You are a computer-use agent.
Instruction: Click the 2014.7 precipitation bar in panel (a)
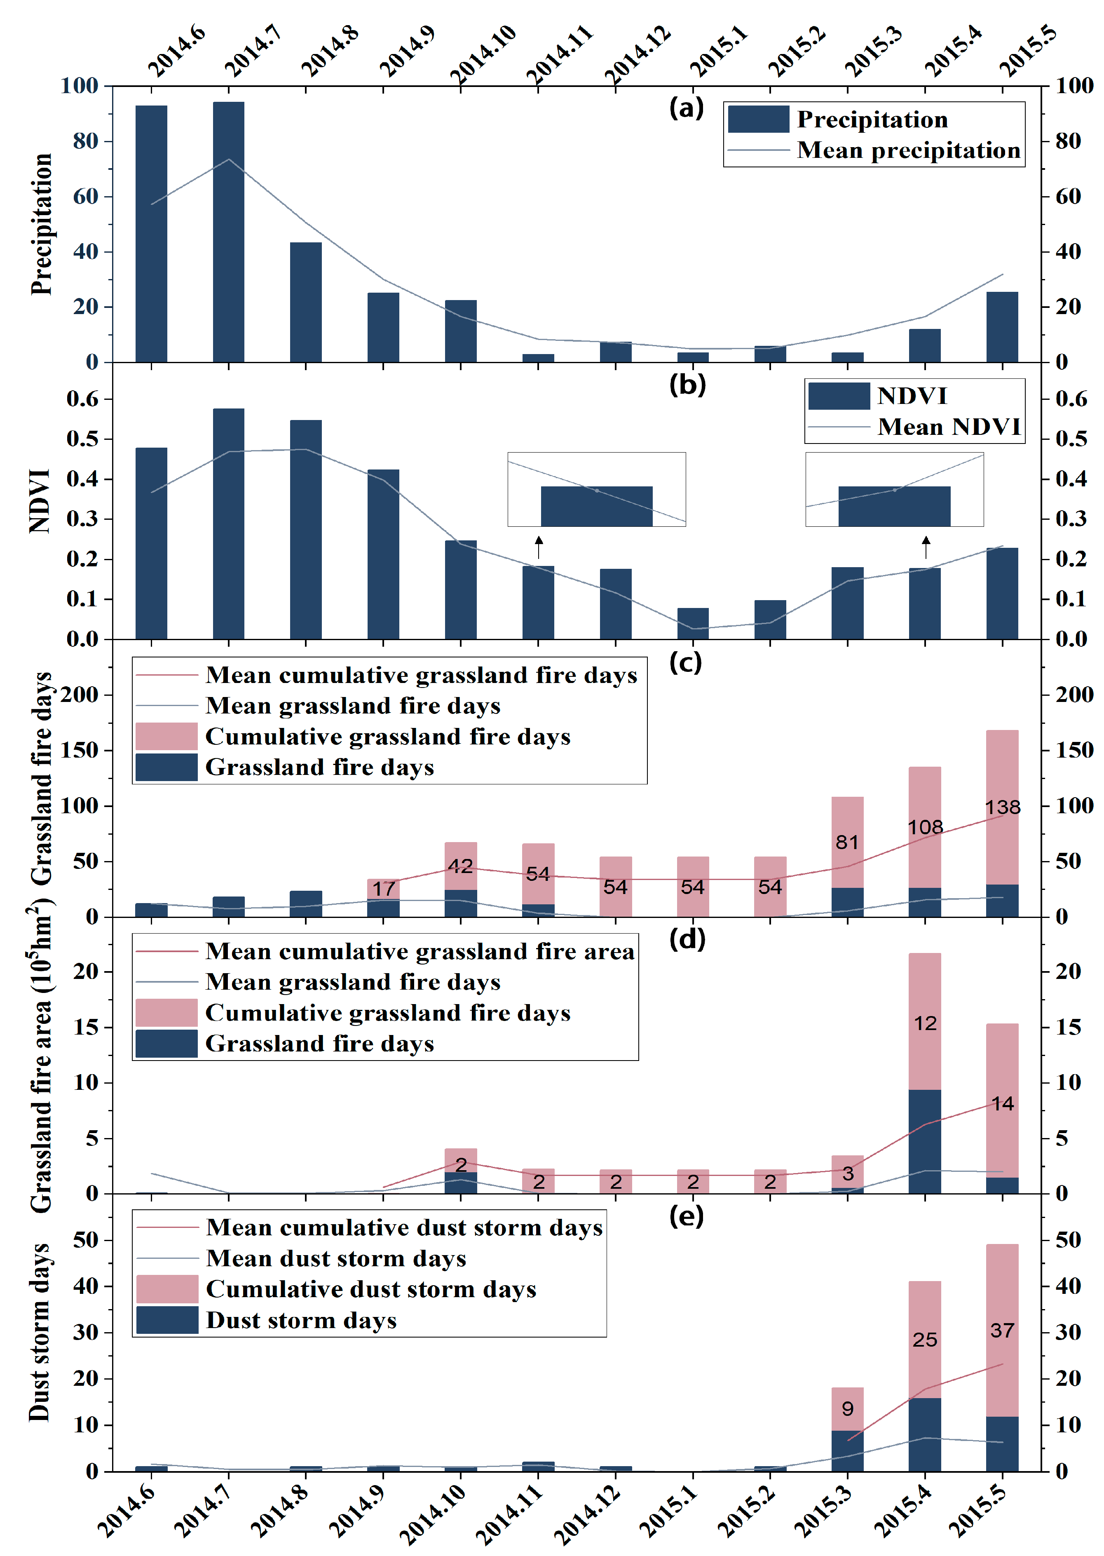pos(228,231)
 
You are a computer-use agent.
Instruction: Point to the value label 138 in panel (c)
pos(1003,807)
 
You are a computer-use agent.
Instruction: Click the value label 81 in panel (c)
pos(847,842)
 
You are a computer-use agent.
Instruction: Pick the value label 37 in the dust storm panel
pos(1002,1330)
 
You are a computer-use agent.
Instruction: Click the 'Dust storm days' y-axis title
pos(40,1332)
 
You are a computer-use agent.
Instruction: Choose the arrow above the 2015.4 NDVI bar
pos(925,547)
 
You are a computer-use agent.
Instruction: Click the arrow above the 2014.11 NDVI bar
pos(539,547)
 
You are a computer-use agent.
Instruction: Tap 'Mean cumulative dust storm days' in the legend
pos(404,1227)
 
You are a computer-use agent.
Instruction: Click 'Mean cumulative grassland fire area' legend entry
pos(420,951)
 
